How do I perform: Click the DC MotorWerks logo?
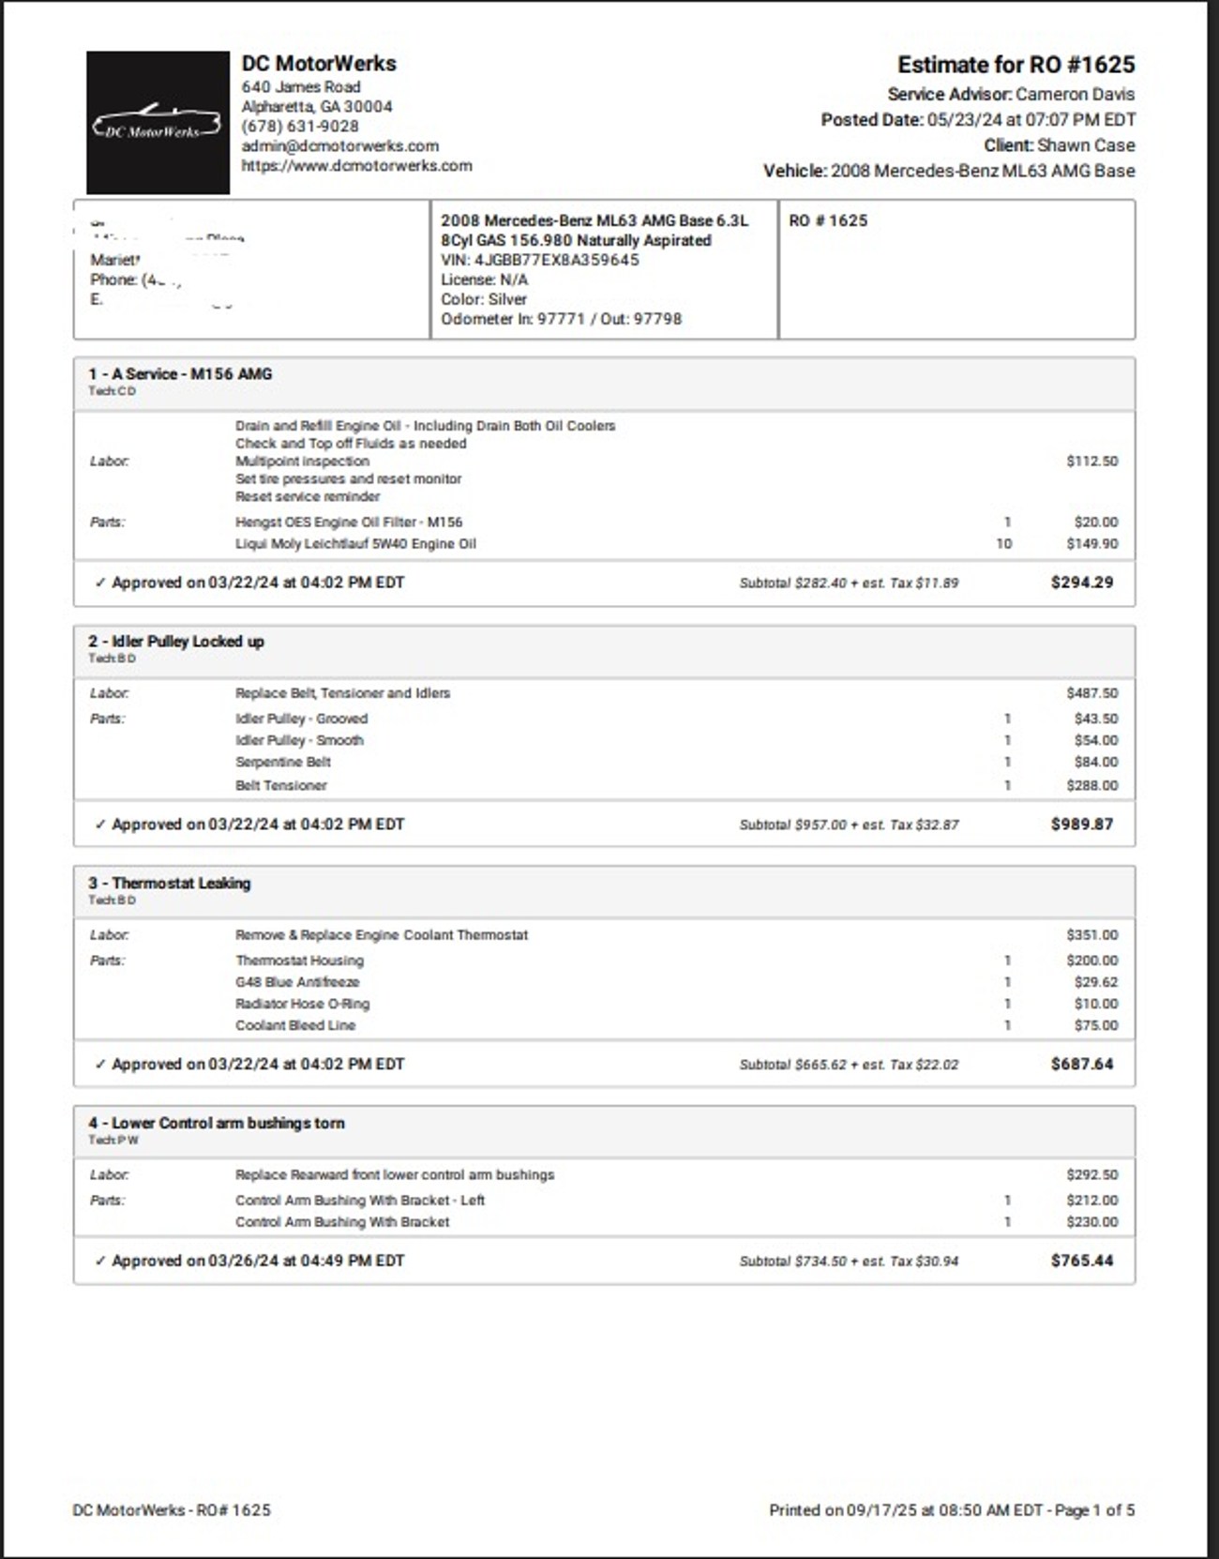(158, 123)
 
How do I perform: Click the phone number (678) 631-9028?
(300, 127)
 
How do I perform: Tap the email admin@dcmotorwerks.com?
(340, 146)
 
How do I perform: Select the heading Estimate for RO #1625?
(1016, 65)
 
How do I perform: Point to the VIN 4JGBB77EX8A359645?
(557, 260)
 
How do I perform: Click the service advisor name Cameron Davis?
(1075, 95)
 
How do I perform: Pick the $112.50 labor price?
(1091, 462)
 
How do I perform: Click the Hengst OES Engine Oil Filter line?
(349, 522)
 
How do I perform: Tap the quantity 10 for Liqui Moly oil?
(1003, 544)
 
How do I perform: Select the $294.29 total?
(1081, 583)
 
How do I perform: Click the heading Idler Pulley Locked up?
(188, 642)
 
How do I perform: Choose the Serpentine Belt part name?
(283, 763)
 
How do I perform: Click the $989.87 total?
(1081, 825)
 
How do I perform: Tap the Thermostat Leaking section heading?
(181, 884)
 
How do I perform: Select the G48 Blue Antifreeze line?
(297, 982)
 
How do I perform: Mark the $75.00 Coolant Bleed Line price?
(1095, 1025)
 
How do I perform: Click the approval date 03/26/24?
(243, 1261)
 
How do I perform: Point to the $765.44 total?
(1081, 1261)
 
